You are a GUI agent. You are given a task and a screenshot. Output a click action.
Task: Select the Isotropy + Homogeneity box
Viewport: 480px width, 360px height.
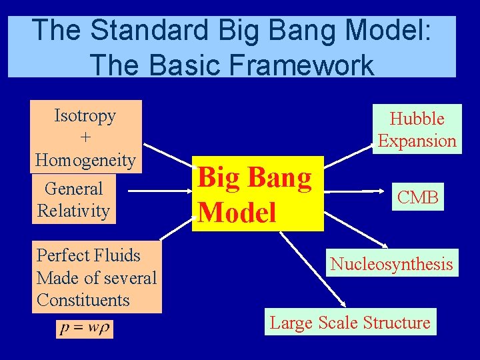point(85,137)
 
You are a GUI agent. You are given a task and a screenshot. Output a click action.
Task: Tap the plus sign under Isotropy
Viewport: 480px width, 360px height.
point(85,137)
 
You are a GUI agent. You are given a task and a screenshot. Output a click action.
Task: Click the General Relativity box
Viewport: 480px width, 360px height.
point(73,199)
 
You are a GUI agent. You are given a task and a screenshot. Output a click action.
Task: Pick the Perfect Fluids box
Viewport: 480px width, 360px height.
point(96,277)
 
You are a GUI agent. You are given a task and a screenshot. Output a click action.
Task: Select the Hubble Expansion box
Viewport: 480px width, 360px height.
point(417,129)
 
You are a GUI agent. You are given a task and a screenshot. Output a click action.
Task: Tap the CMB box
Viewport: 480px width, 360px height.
point(418,197)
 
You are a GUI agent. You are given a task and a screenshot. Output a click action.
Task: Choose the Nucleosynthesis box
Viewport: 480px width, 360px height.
point(391,263)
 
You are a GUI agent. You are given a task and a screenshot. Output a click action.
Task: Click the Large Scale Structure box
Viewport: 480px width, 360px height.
point(350,322)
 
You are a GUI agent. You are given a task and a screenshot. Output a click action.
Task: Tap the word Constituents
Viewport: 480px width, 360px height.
point(83,300)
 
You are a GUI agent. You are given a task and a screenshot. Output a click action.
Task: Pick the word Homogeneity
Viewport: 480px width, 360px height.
point(85,160)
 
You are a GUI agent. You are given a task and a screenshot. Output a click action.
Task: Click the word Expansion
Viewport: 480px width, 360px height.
point(417,141)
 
